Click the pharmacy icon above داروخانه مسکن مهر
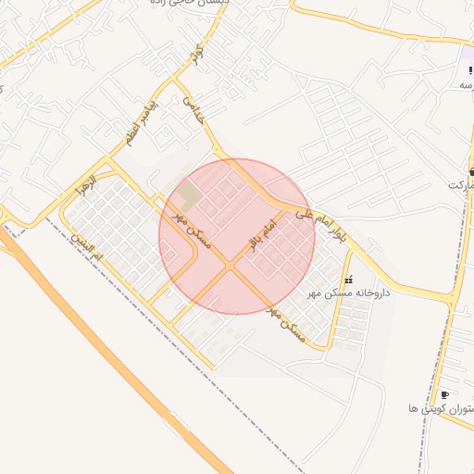[x=348, y=279]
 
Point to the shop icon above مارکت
[x=471, y=172]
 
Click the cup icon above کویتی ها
[x=445, y=394]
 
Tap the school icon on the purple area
[x=470, y=70]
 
